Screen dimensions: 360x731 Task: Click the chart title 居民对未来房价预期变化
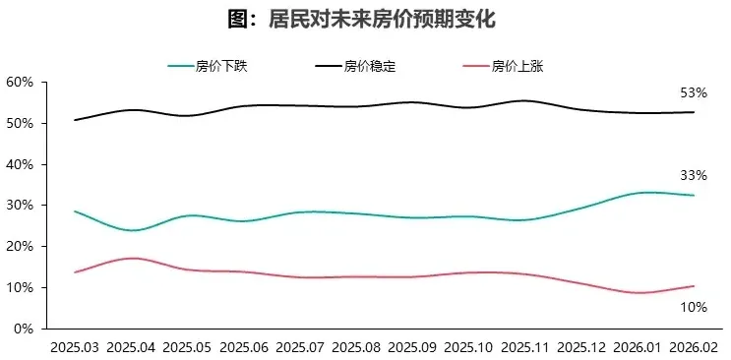pos(366,19)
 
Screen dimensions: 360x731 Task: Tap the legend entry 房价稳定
pos(369,67)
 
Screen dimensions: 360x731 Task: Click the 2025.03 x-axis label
pos(76,346)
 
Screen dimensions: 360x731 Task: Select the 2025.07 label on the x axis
pos(301,346)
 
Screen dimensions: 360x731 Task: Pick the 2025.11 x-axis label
pos(525,346)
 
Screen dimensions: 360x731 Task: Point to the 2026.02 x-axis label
pos(695,346)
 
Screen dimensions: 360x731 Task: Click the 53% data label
pos(694,93)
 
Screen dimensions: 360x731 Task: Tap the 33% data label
pos(694,176)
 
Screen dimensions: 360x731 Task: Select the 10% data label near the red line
pos(694,307)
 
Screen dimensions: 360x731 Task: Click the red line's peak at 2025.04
pos(133,258)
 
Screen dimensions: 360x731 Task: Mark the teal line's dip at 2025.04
pos(133,230)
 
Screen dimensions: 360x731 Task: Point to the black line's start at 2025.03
pos(76,120)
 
